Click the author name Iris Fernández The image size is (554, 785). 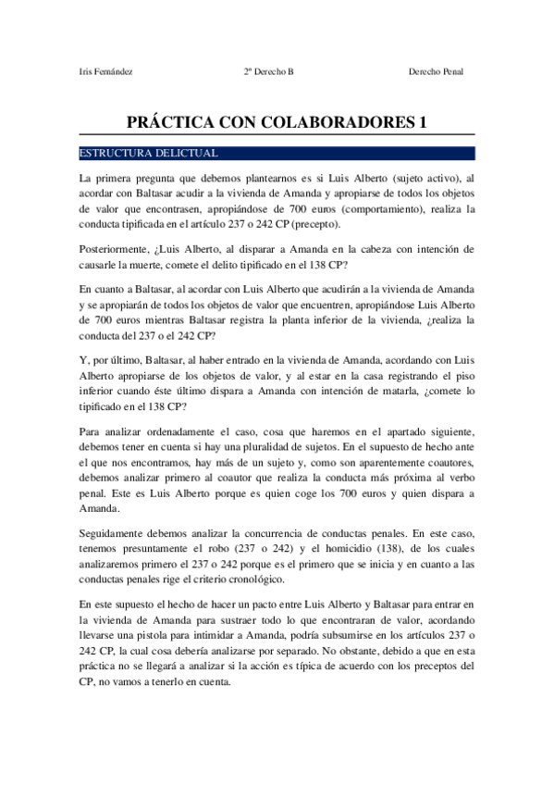click(x=106, y=71)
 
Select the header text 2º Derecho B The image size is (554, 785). click(x=269, y=71)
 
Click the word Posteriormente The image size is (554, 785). click(x=116, y=249)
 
